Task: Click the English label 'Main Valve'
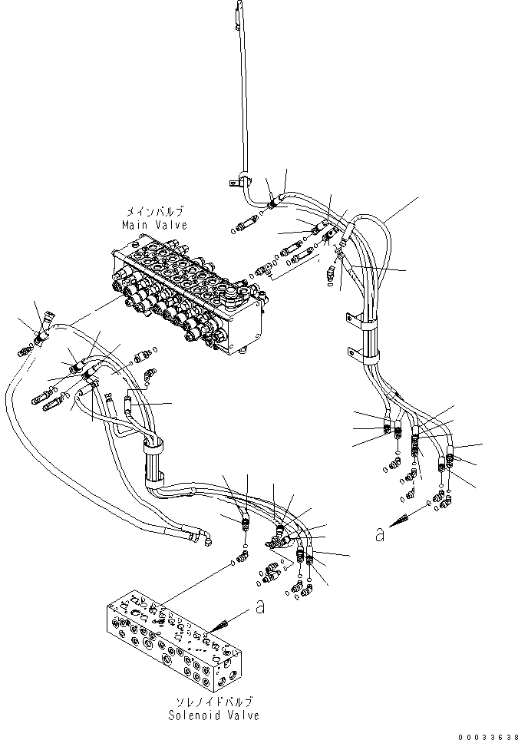[153, 225]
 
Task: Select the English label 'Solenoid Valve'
[215, 715]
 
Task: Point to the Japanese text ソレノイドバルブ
[215, 702]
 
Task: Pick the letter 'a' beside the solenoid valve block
[260, 608]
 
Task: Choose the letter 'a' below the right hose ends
[379, 536]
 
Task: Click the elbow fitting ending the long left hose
[206, 539]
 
